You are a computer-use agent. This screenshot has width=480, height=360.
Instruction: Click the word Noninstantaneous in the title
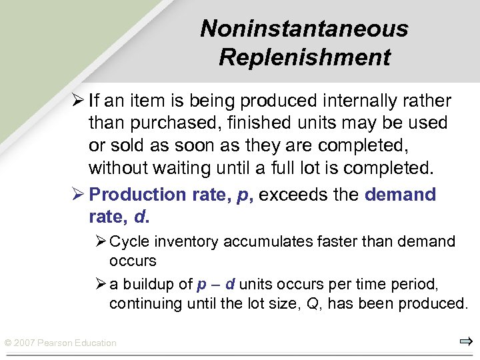tap(304, 29)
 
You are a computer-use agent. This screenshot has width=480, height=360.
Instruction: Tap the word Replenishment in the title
tap(304, 57)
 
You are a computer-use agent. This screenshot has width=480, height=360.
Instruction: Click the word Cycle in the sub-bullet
tap(129, 241)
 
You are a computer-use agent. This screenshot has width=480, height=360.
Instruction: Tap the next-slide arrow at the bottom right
tap(465, 343)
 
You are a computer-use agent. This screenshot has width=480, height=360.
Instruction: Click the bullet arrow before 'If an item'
tap(78, 101)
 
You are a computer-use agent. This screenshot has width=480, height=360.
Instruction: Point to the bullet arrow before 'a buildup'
tap(101, 285)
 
